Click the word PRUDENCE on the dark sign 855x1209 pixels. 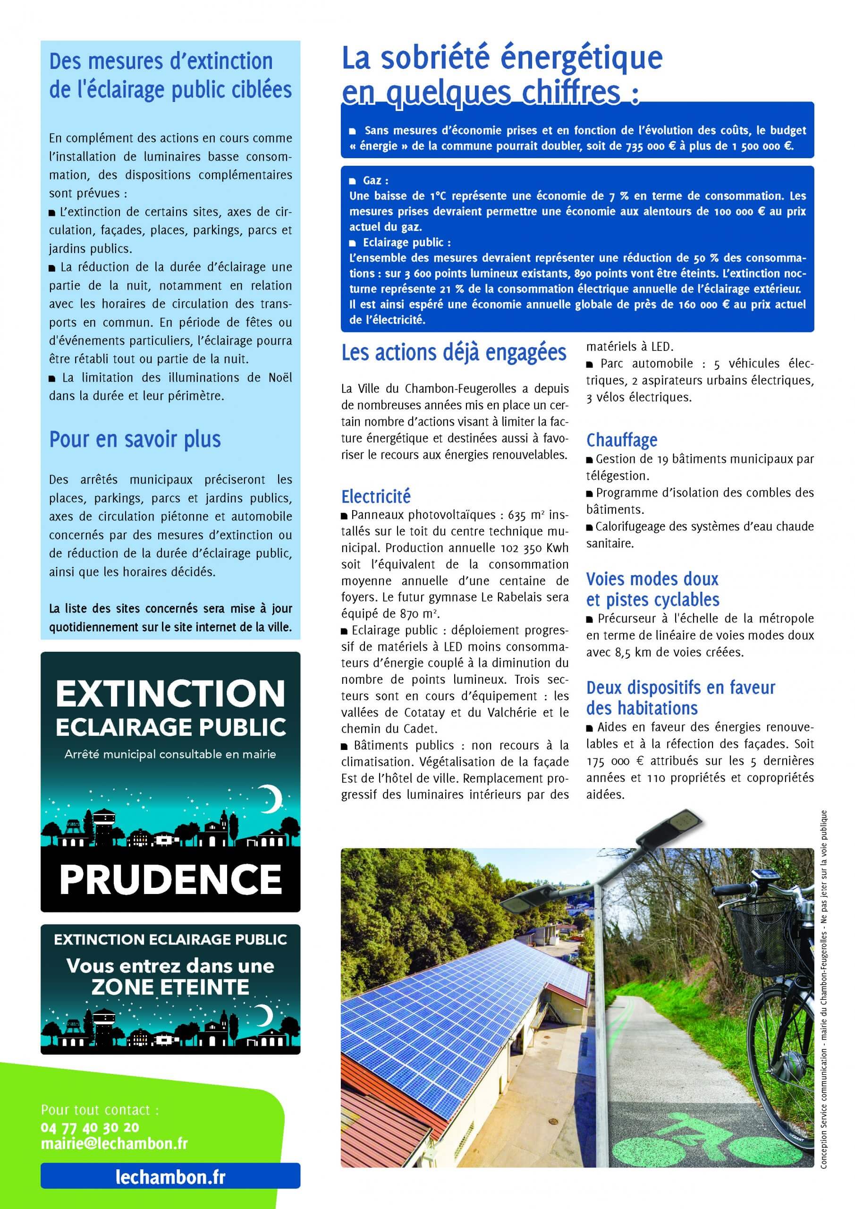[x=170, y=879]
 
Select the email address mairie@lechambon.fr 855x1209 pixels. [x=114, y=1144]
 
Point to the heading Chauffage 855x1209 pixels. [x=622, y=440]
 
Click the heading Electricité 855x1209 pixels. [x=376, y=496]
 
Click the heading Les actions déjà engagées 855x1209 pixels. [x=454, y=353]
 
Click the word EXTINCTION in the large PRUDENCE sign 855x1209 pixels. [x=170, y=693]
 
